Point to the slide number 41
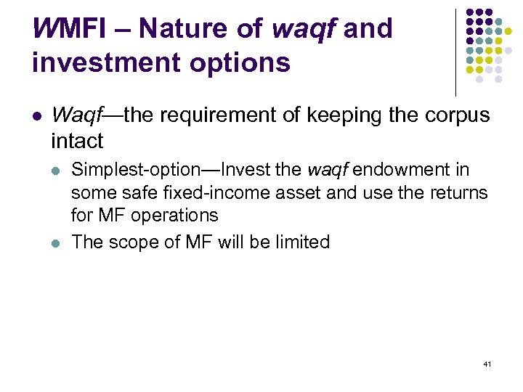click(x=486, y=363)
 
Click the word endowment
click(x=410, y=171)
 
